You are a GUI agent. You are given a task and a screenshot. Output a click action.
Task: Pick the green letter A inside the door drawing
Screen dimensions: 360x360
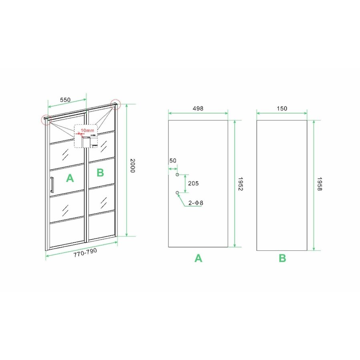pos(70,178)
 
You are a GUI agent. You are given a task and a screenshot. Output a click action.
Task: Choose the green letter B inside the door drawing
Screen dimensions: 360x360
pos(100,172)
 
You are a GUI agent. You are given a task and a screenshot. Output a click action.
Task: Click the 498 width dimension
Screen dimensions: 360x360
pos(198,108)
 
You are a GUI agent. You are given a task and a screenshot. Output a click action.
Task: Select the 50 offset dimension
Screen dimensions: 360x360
pos(173,161)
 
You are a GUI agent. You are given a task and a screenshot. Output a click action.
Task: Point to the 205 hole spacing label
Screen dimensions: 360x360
pos(194,184)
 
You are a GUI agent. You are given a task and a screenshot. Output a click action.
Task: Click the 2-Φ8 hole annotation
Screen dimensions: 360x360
pos(195,203)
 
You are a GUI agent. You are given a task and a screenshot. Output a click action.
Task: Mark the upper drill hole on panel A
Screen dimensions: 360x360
pos(177,175)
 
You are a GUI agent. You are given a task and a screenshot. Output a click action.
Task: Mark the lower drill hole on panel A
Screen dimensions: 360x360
pos(177,193)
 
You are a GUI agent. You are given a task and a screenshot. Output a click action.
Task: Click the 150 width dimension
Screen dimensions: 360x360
pos(282,108)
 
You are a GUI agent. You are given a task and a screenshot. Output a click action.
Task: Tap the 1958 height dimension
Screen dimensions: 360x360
pos(319,184)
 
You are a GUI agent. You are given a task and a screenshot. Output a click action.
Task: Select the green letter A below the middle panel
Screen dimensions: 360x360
pos(198,259)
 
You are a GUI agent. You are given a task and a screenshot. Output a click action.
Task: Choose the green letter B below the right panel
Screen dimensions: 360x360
pos(282,259)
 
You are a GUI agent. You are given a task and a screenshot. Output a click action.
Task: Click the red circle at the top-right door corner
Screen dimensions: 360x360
pos(116,103)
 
